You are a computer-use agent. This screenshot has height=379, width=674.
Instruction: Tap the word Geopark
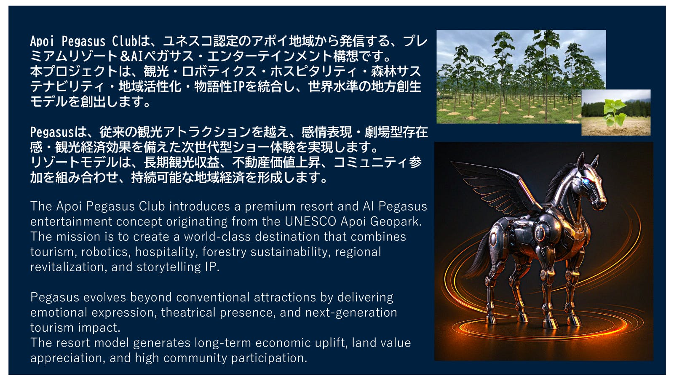click(x=396, y=222)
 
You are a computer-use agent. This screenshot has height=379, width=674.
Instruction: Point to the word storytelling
click(x=168, y=267)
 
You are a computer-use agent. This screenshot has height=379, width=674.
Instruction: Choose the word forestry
click(x=224, y=252)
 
